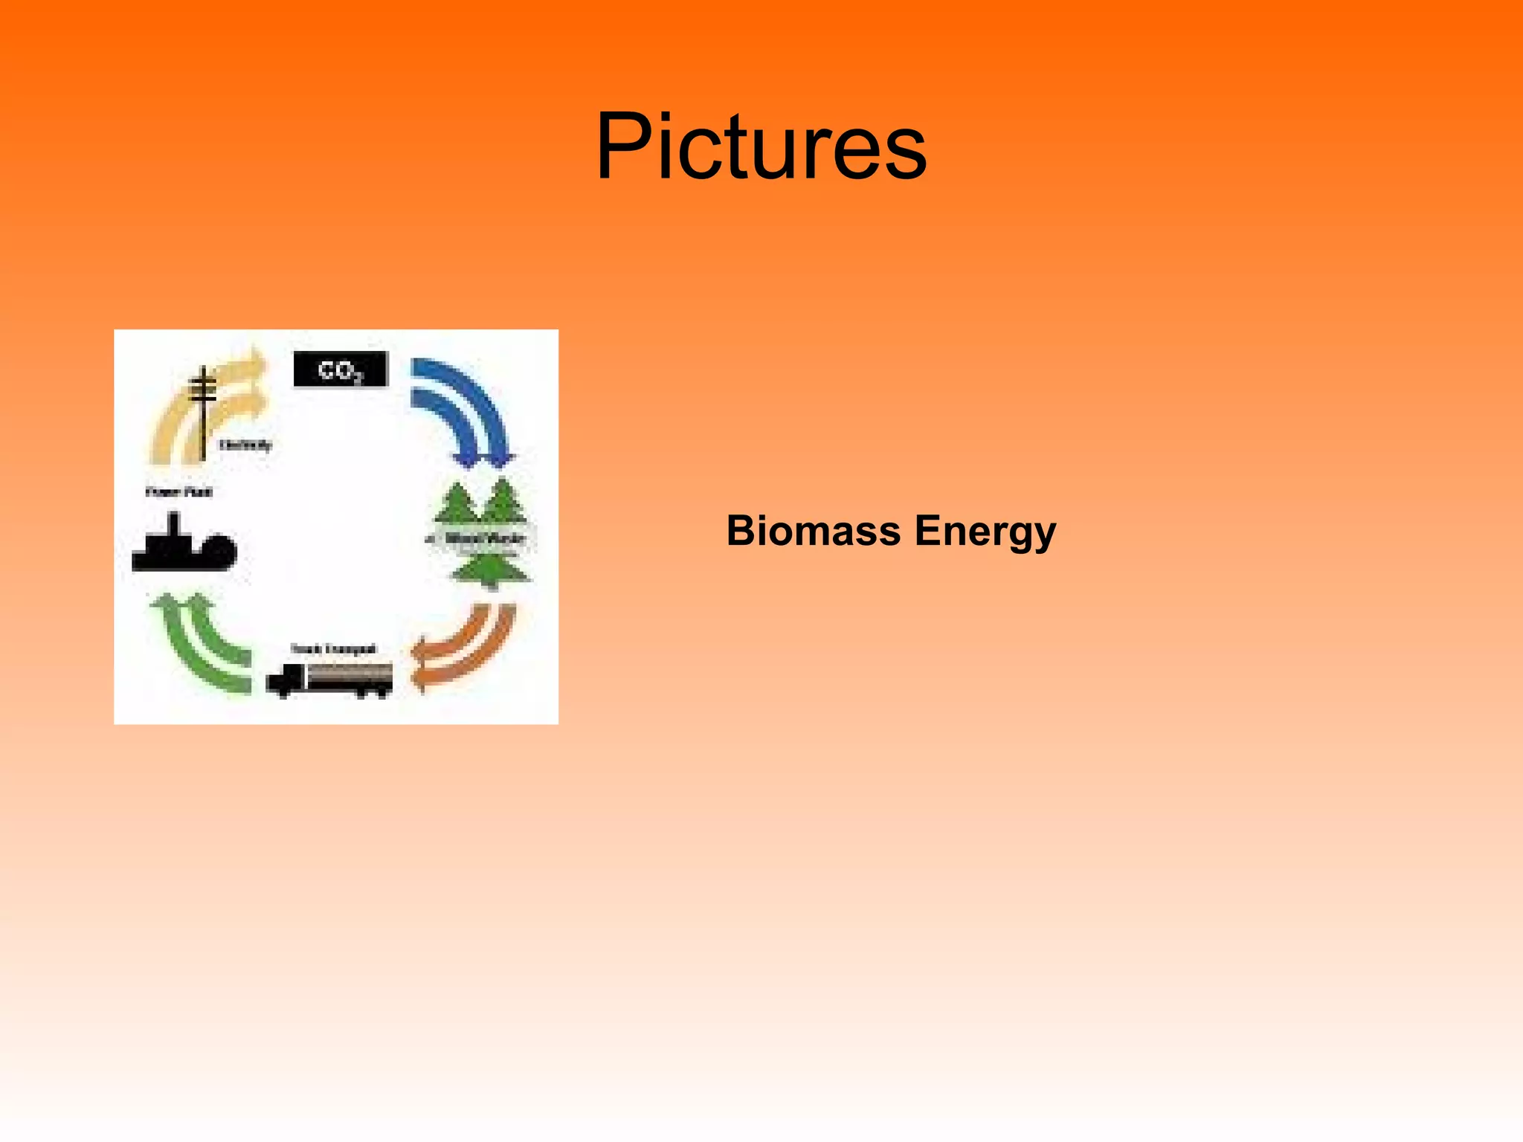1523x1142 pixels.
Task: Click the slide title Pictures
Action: click(x=761, y=146)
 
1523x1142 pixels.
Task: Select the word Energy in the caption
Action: click(x=985, y=532)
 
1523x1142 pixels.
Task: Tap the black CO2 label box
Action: click(x=341, y=370)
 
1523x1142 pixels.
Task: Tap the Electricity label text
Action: click(x=245, y=445)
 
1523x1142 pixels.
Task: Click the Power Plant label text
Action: click(x=178, y=491)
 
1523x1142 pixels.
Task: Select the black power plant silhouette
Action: click(x=184, y=548)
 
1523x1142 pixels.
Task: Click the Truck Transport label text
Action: click(x=332, y=649)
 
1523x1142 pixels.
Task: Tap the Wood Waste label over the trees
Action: click(x=484, y=538)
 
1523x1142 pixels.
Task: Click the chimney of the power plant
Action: click(x=174, y=525)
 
